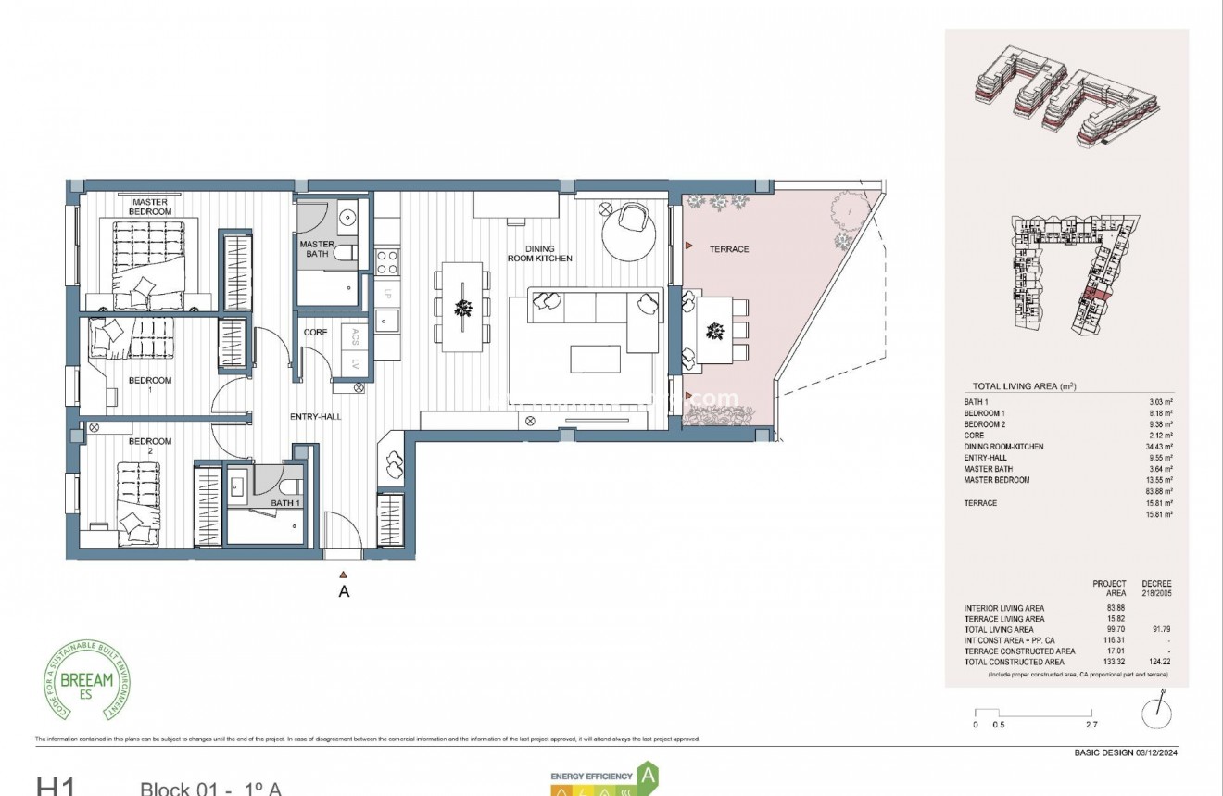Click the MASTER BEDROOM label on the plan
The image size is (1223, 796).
click(x=150, y=207)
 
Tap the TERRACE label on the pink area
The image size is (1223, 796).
click(x=729, y=249)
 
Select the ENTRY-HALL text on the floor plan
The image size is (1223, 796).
click(x=315, y=417)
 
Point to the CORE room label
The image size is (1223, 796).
click(x=315, y=333)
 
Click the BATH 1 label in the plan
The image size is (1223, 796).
click(x=285, y=503)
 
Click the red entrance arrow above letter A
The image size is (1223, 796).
click(x=344, y=575)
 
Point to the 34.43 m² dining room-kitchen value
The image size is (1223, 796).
click(x=1161, y=447)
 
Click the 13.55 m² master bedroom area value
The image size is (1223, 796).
click(x=1161, y=480)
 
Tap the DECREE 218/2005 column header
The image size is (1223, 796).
click(x=1157, y=588)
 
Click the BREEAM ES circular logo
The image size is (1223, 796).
click(x=89, y=679)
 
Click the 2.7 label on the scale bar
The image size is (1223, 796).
click(x=1091, y=725)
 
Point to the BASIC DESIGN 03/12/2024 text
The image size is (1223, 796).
click(x=1126, y=752)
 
